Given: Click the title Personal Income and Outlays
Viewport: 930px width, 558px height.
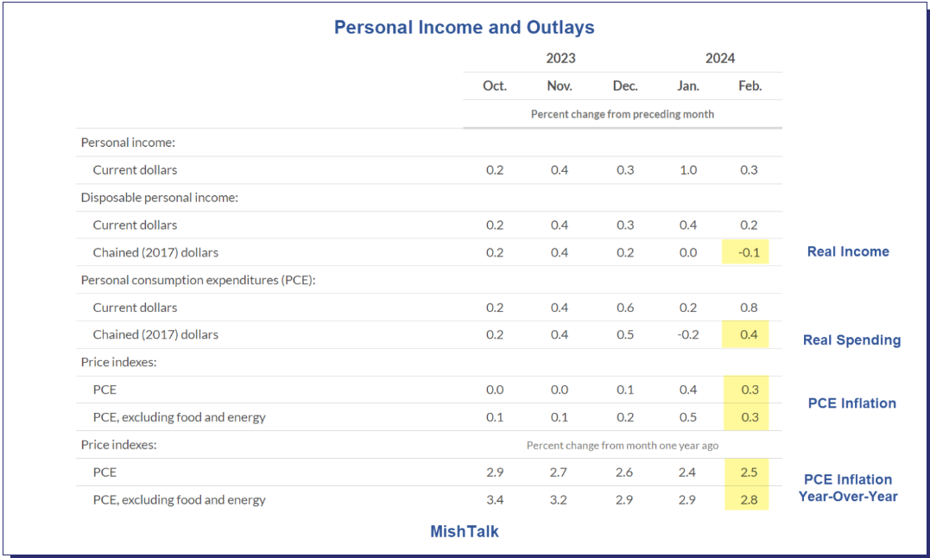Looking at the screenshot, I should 464,28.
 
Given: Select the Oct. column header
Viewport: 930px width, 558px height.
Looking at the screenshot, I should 495,86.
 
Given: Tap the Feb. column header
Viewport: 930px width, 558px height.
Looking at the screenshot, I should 750,86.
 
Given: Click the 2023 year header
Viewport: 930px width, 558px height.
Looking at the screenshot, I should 560,58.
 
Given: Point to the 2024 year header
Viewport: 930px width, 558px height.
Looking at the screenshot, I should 719,58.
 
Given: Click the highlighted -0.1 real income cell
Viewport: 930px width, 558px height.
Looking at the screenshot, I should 748,252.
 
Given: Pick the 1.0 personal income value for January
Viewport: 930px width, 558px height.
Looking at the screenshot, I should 688,169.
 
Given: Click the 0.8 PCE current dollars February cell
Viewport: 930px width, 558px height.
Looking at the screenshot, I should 750,308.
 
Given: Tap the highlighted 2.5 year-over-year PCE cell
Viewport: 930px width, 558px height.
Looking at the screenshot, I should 749,472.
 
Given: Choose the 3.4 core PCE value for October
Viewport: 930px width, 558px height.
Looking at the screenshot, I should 495,499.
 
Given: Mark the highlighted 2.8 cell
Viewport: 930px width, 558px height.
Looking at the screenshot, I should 749,499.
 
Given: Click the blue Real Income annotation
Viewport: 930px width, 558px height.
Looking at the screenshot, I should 847,251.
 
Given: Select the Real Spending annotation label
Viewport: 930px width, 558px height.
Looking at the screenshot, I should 851,339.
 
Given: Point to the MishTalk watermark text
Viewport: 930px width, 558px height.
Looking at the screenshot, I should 465,531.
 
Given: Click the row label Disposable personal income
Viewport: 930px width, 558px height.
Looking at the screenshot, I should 159,197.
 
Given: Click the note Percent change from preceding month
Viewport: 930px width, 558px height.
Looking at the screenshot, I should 622,114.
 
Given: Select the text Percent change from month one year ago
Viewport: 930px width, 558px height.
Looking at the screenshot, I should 622,446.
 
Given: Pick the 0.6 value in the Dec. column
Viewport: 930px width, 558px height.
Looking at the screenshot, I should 625,308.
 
